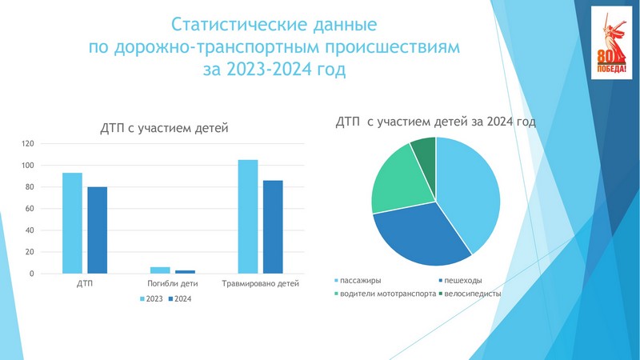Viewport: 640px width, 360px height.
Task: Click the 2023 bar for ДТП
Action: coord(72,223)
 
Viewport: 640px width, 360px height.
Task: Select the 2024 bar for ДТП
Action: coord(97,230)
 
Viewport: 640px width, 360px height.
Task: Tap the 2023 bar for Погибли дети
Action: coord(160,270)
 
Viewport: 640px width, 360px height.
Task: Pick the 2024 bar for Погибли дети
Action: coord(186,272)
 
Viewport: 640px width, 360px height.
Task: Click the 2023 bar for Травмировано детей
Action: coord(248,216)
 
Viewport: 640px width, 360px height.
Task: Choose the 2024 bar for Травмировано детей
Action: coord(273,227)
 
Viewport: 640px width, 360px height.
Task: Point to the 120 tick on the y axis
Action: coord(28,144)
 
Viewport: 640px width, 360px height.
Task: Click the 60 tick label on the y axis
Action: coord(30,209)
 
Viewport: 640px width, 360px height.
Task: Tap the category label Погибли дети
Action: coord(172,283)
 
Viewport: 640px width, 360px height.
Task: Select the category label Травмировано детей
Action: coord(261,283)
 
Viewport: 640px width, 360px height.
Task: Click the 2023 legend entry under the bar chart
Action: coord(151,298)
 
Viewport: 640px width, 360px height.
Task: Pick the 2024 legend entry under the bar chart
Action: coord(180,298)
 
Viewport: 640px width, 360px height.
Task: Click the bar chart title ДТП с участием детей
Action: coord(164,128)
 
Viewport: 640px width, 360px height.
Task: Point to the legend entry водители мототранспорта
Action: coord(386,294)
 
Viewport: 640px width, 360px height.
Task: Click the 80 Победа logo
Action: coord(611,43)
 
